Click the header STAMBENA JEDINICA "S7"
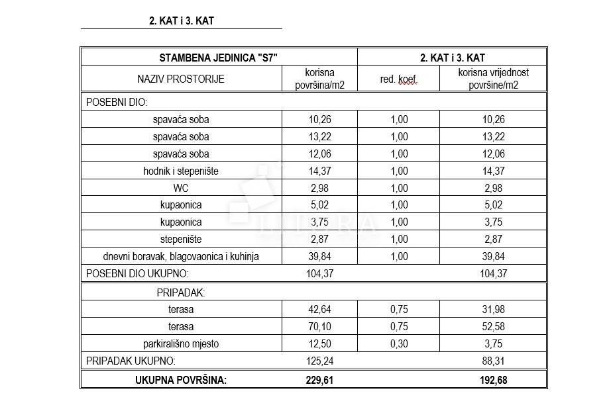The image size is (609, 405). (218, 58)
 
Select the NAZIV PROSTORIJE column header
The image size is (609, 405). (181, 79)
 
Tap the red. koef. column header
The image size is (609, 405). (400, 79)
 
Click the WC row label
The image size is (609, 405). (181, 188)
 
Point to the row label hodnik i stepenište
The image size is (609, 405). (181, 171)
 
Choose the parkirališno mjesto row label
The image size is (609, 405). (181, 343)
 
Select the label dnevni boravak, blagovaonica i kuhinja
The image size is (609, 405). (181, 257)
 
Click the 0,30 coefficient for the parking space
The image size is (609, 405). (400, 343)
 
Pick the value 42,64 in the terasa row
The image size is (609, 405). (319, 309)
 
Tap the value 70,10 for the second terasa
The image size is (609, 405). (319, 326)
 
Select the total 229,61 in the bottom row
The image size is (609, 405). (319, 380)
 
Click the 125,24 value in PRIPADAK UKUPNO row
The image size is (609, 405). (319, 361)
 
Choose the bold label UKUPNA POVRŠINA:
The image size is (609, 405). (181, 380)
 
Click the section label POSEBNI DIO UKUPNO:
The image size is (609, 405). (138, 273)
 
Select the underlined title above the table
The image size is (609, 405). (181, 21)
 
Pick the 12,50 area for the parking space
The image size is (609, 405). (319, 343)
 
